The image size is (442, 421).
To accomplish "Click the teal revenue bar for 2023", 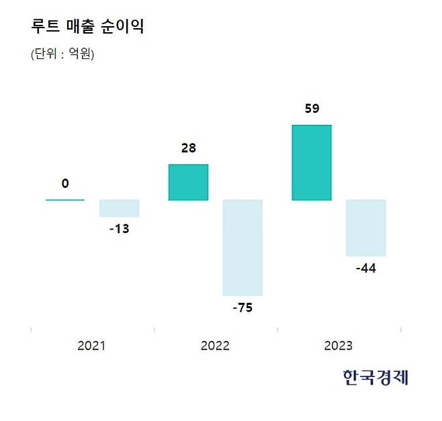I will click(312, 162).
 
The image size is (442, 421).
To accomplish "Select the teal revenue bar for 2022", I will click(188, 182).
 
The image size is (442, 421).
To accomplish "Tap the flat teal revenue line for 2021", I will click(65, 199).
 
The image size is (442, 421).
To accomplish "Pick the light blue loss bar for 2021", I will click(119, 208).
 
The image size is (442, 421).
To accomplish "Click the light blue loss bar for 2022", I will click(242, 247).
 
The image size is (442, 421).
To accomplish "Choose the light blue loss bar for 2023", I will click(365, 228).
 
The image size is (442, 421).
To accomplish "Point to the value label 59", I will click(312, 108).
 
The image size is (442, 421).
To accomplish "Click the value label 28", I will click(189, 148).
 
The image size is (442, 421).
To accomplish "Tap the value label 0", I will click(65, 183).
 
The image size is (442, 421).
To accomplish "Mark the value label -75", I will click(242, 308).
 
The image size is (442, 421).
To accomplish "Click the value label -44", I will click(365, 269).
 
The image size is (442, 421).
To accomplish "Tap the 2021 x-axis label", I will click(91, 346).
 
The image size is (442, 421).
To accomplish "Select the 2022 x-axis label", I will click(215, 346).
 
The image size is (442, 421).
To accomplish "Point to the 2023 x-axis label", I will click(338, 346).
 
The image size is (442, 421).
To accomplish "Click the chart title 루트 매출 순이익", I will click(87, 27).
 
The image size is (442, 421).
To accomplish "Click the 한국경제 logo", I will click(375, 377).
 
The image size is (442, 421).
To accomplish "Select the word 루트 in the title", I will click(45, 27).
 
